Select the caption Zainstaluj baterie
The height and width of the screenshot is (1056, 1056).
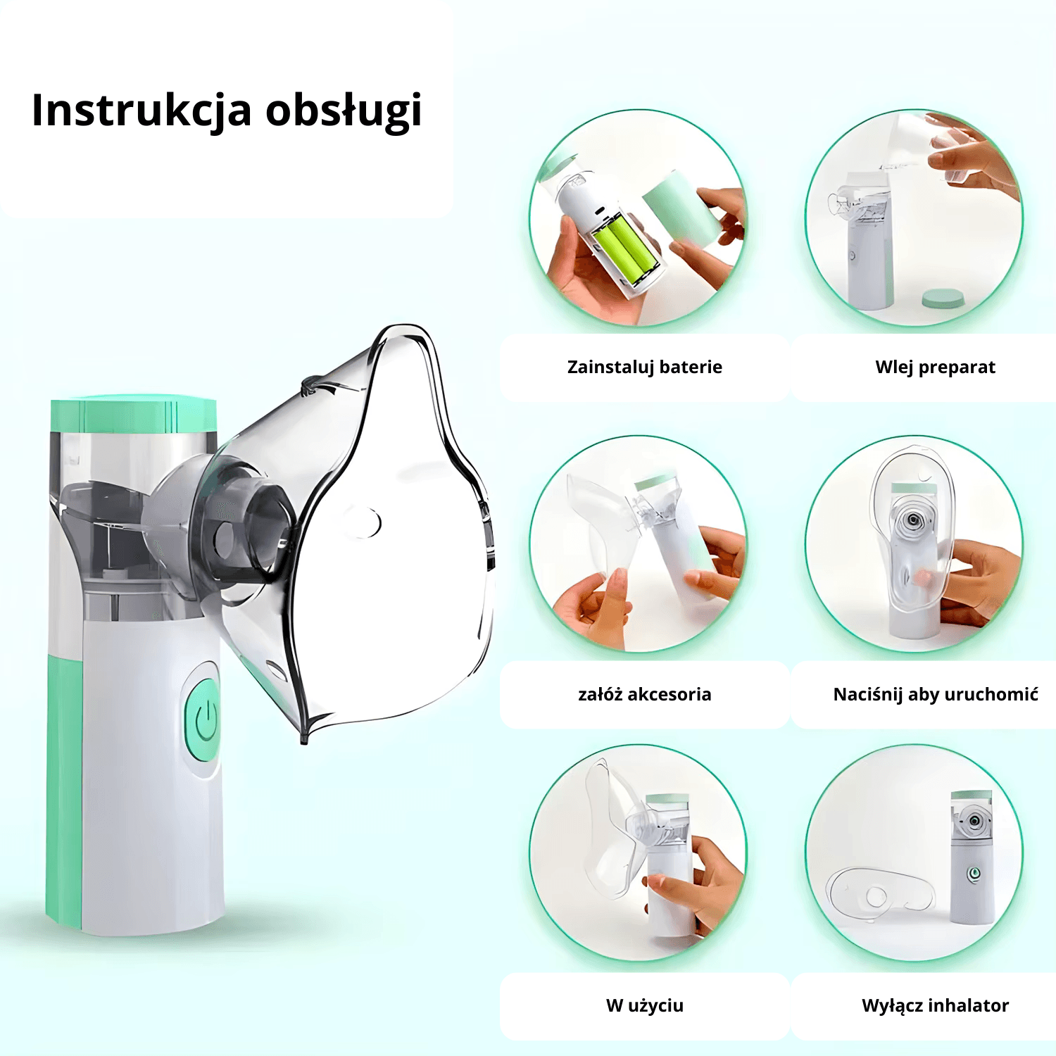pos(644,367)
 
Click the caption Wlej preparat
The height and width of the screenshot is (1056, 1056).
pos(935,367)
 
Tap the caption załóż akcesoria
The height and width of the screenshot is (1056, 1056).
pos(644,694)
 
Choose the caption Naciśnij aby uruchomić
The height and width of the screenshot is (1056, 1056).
pos(935,694)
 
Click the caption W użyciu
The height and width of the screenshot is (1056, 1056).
pos(644,1005)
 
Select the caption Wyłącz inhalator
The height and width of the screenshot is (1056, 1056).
pos(935,1005)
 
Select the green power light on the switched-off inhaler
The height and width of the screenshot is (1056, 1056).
pos(974,874)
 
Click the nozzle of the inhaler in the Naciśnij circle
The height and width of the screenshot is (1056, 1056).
pos(913,520)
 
